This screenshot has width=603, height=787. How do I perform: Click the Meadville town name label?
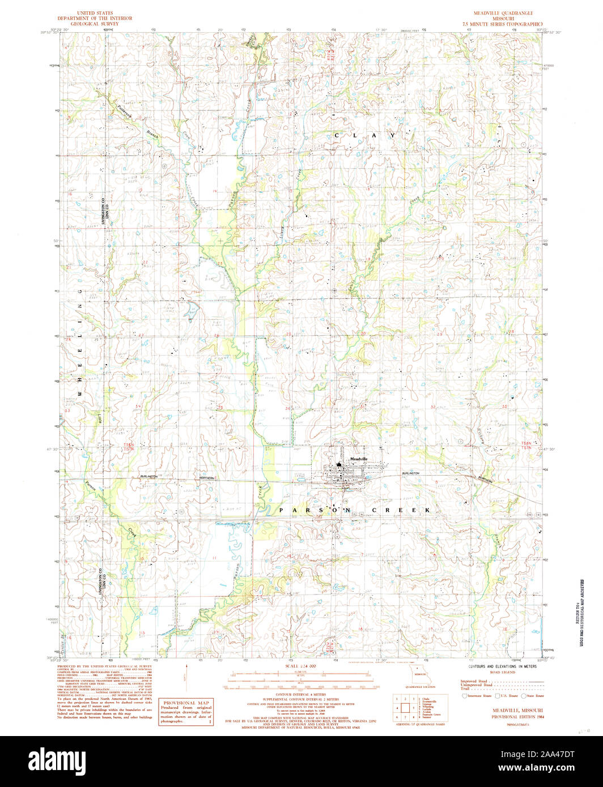(359, 458)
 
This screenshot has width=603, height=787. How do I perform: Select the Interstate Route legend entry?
(478, 695)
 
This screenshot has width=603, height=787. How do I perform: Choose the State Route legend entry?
(532, 695)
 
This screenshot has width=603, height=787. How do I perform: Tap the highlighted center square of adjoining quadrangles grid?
(405, 708)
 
